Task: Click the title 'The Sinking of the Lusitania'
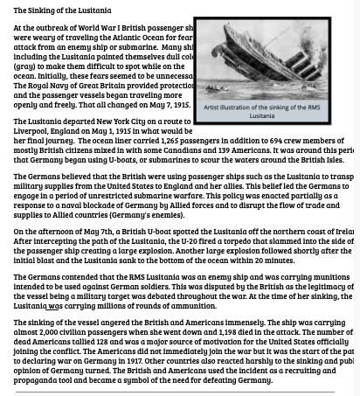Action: point(62,10)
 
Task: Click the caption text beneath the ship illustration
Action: point(261,111)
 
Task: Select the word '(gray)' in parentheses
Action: point(25,66)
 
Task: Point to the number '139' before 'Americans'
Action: point(224,149)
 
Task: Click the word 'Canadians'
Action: point(183,149)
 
